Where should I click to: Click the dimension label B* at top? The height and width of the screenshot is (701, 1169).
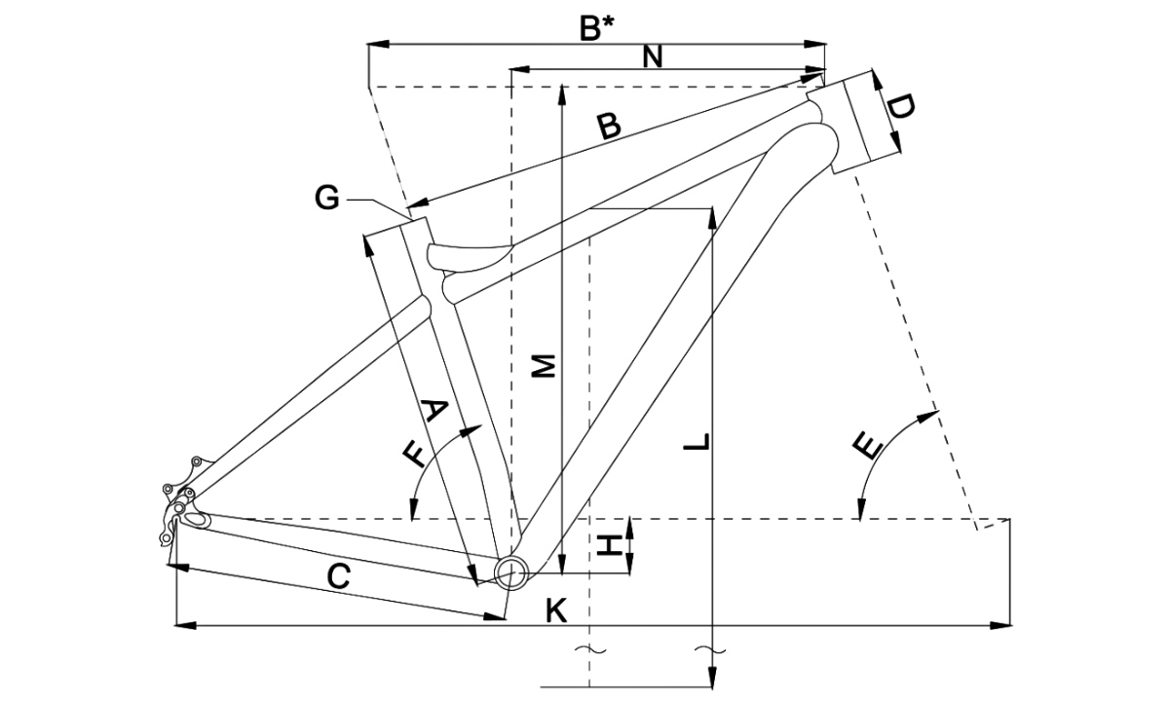tap(596, 28)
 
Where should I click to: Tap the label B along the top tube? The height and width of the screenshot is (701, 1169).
tap(609, 127)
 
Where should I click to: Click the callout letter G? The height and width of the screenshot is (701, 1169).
tap(327, 199)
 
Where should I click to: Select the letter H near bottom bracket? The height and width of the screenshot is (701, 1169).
tap(610, 545)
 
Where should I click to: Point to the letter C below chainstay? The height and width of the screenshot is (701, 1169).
tap(337, 577)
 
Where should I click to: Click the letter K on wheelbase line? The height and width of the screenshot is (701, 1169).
tap(556, 610)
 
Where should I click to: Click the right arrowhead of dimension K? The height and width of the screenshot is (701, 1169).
tap(1002, 624)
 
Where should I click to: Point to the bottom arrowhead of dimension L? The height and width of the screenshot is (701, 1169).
tap(714, 683)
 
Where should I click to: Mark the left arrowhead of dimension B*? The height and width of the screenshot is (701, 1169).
tap(374, 44)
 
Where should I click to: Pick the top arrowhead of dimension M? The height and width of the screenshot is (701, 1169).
tap(563, 91)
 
